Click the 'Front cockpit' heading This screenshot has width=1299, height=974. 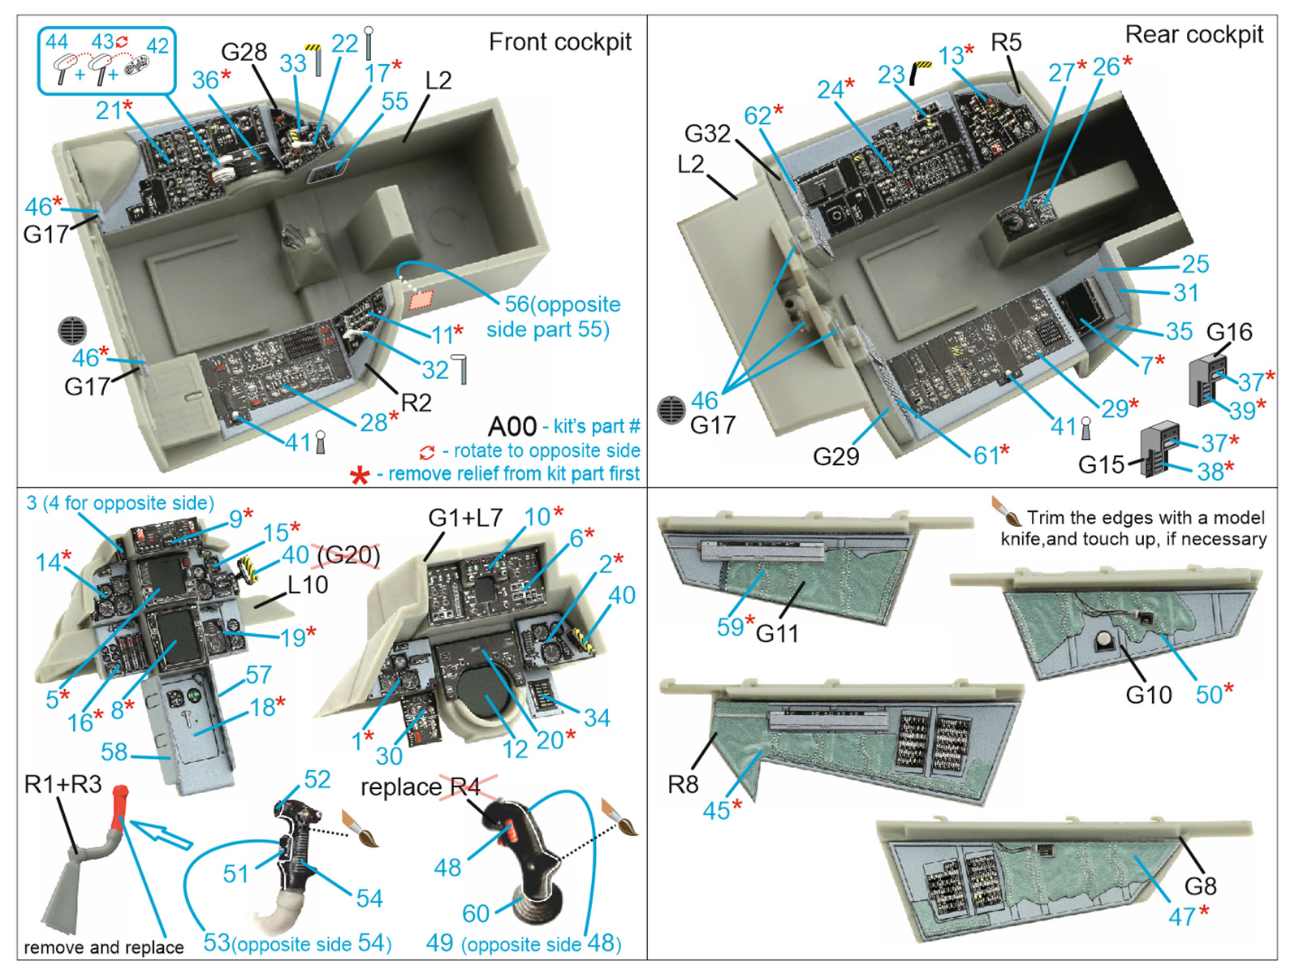[559, 42]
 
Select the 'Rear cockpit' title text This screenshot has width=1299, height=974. [1193, 35]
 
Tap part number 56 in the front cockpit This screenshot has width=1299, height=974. [516, 304]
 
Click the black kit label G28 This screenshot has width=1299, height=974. [244, 52]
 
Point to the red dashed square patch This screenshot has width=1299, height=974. [421, 300]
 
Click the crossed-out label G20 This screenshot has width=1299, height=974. [348, 555]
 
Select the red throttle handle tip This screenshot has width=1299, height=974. [119, 799]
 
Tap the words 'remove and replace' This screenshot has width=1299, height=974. [103, 947]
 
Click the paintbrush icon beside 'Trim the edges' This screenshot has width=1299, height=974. [1006, 511]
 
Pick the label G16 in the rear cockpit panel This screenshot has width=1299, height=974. [1229, 332]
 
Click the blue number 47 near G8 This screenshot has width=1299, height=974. [1181, 917]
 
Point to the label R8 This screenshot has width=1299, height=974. [683, 784]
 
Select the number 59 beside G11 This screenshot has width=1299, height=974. [730, 627]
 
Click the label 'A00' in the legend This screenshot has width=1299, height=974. [512, 426]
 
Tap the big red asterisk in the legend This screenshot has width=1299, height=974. [359, 475]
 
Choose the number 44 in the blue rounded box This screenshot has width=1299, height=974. [57, 42]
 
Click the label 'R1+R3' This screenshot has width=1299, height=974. [63, 784]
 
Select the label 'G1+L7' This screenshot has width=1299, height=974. [465, 518]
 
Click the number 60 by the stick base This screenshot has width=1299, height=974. [476, 913]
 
